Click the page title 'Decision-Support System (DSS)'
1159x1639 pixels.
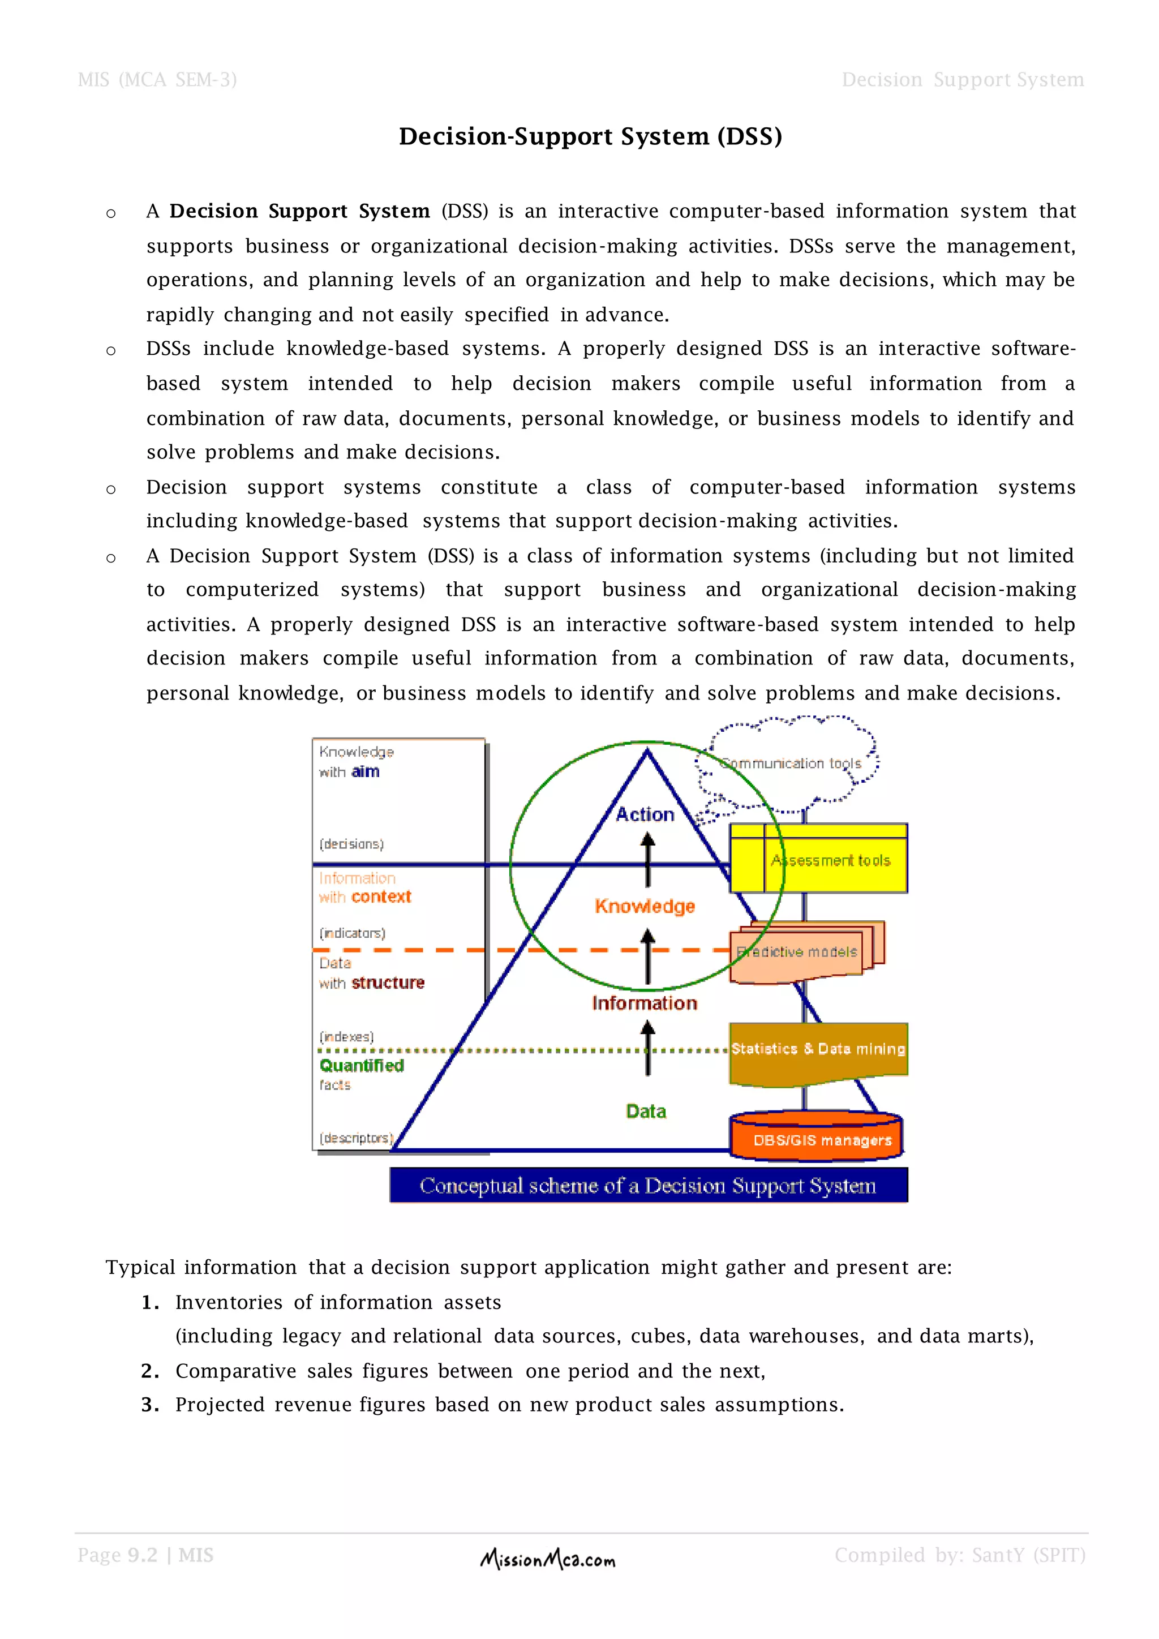click(x=590, y=136)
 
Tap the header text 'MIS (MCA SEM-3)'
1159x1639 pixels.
click(x=157, y=80)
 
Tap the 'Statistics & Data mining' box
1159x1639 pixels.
click(x=818, y=1049)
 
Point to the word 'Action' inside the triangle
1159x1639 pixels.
click(x=645, y=814)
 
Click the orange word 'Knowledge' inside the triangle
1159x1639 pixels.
click(x=645, y=906)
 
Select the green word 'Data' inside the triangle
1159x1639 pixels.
click(x=646, y=1112)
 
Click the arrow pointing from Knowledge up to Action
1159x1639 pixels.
click(x=648, y=860)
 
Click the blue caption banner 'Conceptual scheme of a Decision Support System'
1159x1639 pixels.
click(x=648, y=1186)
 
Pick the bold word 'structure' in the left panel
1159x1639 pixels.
click(x=388, y=983)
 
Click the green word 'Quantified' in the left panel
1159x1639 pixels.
click(x=362, y=1066)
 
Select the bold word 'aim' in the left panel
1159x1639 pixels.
click(x=366, y=771)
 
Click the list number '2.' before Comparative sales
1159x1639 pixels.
click(x=150, y=1371)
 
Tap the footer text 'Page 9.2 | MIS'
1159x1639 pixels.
click(x=145, y=1555)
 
